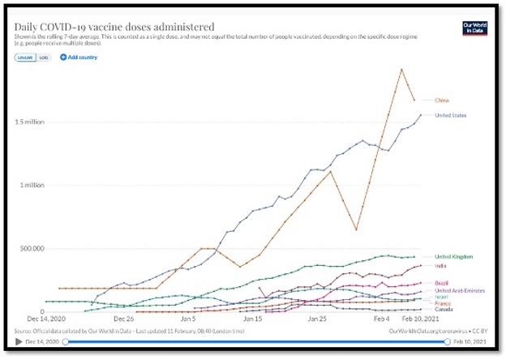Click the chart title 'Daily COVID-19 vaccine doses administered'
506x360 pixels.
pyautogui.click(x=114, y=27)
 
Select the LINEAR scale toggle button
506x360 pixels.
pyautogui.click(x=24, y=58)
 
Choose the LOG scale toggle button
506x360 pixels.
pyautogui.click(x=44, y=58)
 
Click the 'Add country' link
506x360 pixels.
pyautogui.click(x=79, y=58)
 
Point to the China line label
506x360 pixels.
pyautogui.click(x=443, y=100)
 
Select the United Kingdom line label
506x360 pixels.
pyautogui.click(x=454, y=256)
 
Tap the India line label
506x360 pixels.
pyautogui.click(x=441, y=265)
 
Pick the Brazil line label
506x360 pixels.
pyautogui.click(x=442, y=282)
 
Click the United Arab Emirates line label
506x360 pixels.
pyautogui.click(x=459, y=290)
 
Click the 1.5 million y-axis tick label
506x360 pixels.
pyautogui.click(x=31, y=122)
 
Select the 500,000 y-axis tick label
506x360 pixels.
pyautogui.click(x=32, y=248)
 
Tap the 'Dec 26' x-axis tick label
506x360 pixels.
pyautogui.click(x=123, y=319)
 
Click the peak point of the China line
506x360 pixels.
pyautogui.click(x=401, y=69)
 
